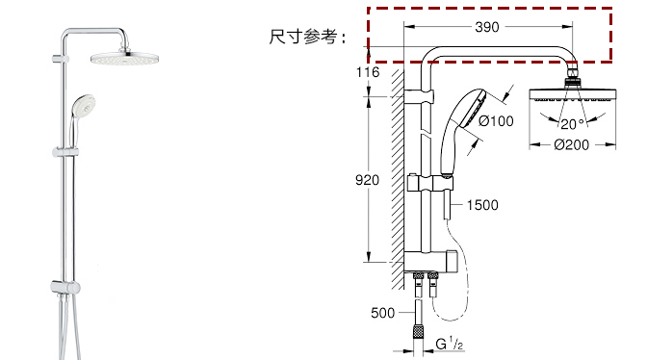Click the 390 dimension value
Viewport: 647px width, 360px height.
pyautogui.click(x=487, y=27)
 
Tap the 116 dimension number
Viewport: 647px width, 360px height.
pyautogui.click(x=368, y=72)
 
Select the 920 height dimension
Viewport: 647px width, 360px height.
pyautogui.click(x=367, y=180)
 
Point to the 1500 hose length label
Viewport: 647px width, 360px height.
pyautogui.click(x=482, y=205)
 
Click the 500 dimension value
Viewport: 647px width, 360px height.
pyautogui.click(x=382, y=313)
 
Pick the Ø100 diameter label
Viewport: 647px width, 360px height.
pyautogui.click(x=496, y=121)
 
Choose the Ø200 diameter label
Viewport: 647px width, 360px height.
pyautogui.click(x=572, y=144)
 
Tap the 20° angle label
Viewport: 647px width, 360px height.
pyautogui.click(x=572, y=124)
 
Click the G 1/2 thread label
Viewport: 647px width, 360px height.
pyautogui.click(x=450, y=344)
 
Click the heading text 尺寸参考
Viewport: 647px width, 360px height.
pyautogui.click(x=303, y=37)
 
